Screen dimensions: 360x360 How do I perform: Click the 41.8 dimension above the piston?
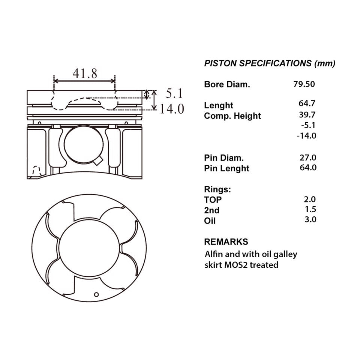(85, 73)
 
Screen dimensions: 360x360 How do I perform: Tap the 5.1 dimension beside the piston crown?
(174, 93)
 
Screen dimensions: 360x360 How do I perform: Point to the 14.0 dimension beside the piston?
(172, 109)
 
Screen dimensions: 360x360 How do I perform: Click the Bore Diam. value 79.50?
(304, 84)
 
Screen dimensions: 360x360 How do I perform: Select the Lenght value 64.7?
(307, 103)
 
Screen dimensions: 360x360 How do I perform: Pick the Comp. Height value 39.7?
(307, 115)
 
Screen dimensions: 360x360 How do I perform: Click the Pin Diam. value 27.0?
(308, 158)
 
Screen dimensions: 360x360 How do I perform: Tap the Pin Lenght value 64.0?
(308, 167)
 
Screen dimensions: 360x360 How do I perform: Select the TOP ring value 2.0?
(310, 199)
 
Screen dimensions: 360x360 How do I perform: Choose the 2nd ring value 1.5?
(310, 209)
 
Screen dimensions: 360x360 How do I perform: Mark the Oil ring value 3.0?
(310, 219)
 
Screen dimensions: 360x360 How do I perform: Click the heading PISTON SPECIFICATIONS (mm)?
(270, 63)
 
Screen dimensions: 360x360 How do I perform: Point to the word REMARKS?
(226, 242)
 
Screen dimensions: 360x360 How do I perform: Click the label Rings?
(217, 189)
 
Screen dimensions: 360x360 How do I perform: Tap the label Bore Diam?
(227, 84)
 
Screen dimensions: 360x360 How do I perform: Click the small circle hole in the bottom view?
(96, 295)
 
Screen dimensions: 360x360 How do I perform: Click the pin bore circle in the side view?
(83, 144)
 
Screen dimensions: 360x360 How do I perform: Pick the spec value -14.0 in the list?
(306, 136)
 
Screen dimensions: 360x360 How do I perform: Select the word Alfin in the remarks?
(214, 254)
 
